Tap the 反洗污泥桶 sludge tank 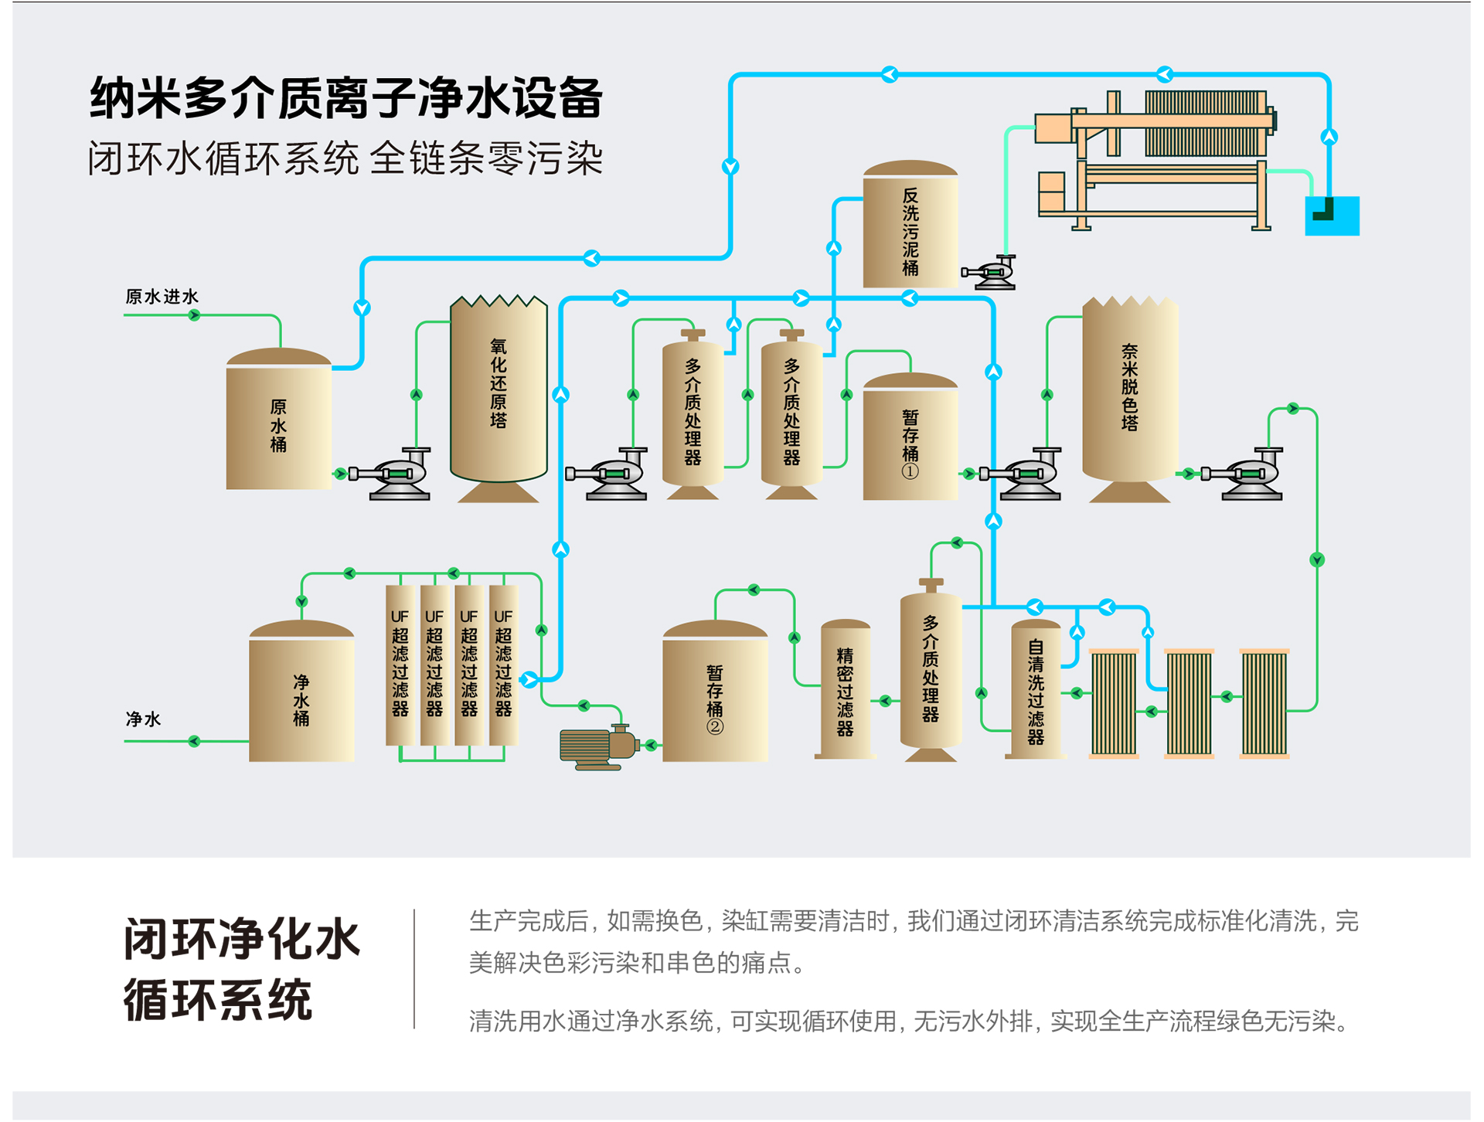[x=910, y=228]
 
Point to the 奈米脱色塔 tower [x=1129, y=390]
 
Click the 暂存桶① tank [x=910, y=440]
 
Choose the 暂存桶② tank [x=715, y=695]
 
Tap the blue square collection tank [x=1332, y=216]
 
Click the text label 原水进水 [x=162, y=297]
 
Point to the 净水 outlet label [x=143, y=719]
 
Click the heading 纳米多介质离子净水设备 [x=345, y=98]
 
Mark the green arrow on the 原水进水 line [x=195, y=315]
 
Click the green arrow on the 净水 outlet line [x=194, y=742]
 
